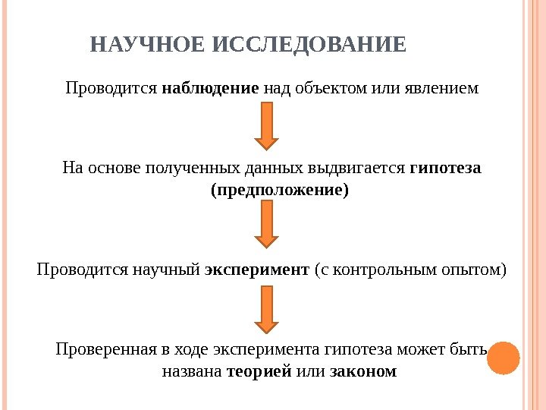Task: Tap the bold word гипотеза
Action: pos(446,168)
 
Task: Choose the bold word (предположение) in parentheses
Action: pos(279,190)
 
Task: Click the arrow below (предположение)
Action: pos(265,225)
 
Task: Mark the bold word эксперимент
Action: pos(258,270)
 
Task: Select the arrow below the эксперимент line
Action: pos(265,310)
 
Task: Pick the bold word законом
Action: pos(365,372)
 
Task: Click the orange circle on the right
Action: pos(502,358)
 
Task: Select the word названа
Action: pos(193,372)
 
